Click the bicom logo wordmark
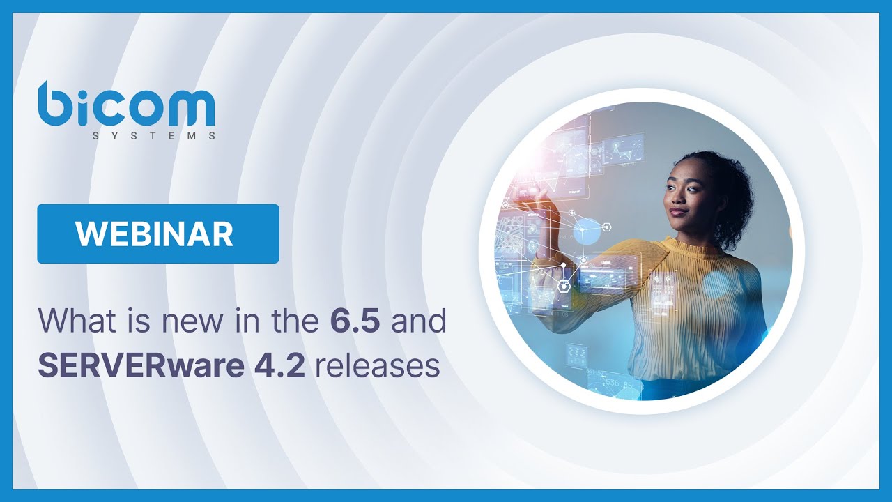[x=126, y=105]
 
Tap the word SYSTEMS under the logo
[x=154, y=137]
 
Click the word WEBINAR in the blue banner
[x=155, y=234]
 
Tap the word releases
[x=378, y=365]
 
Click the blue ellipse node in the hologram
[x=586, y=231]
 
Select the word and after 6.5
[x=418, y=322]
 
